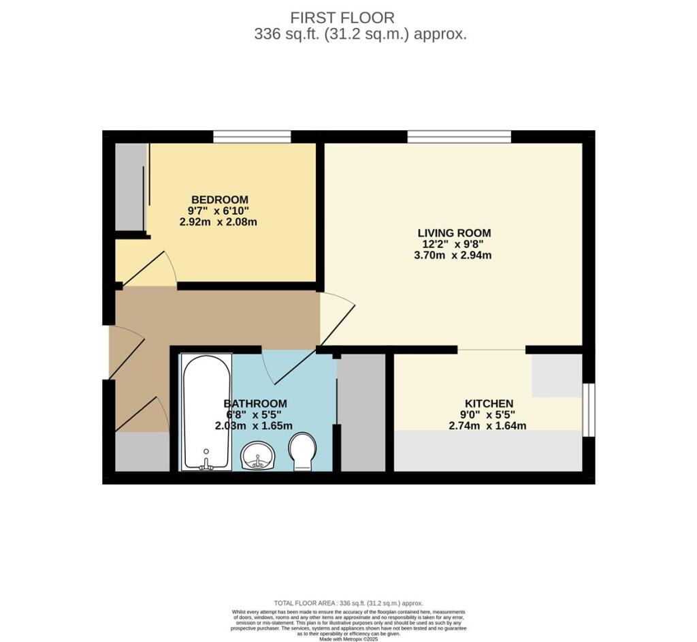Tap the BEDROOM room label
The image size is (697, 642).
pos(218,199)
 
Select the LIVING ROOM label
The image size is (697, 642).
pos(454,233)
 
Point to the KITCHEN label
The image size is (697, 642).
pos(489,403)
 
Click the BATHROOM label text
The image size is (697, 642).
pos(255,403)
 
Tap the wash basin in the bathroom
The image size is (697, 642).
pos(258,455)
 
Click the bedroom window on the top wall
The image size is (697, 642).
pos(252,136)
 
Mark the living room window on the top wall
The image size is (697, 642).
pos(459,136)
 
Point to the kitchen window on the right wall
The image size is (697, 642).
pos(589,409)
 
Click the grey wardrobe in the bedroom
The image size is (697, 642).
pos(129,187)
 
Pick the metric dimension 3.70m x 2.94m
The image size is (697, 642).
pos(454,256)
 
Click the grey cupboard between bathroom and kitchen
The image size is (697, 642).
pos(361,412)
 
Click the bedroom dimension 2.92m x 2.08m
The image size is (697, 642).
pos(218,222)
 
